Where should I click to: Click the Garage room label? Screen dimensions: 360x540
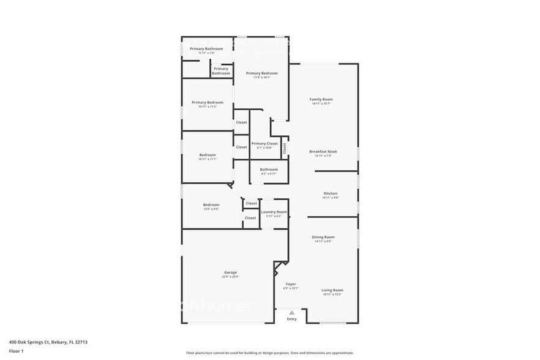[230, 272]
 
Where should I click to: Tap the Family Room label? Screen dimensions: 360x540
[321, 99]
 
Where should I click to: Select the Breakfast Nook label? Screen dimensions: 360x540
[323, 151]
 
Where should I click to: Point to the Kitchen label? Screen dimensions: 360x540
[330, 193]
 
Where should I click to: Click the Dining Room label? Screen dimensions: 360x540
[323, 237]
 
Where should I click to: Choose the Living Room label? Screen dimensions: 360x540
[332, 290]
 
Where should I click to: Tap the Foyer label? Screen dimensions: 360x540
[291, 284]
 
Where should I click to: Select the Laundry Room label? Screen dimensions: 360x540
[274, 212]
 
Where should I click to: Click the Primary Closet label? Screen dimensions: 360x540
[264, 143]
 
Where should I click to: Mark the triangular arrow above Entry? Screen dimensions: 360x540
[291, 312]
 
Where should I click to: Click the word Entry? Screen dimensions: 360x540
[291, 318]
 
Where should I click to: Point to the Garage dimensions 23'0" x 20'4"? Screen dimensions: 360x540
[230, 277]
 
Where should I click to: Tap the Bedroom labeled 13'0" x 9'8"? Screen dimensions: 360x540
[211, 204]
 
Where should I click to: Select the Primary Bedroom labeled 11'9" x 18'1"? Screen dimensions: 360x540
[258, 73]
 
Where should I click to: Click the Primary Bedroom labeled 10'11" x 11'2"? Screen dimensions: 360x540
[207, 102]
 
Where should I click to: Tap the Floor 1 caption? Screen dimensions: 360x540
[16, 351]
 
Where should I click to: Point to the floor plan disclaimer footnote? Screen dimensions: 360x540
[269, 353]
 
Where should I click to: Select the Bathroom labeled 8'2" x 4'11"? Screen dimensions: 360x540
[269, 170]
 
